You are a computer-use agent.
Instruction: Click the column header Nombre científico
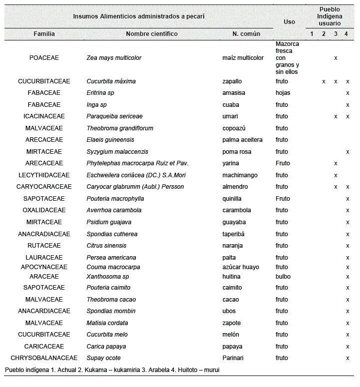click(x=151, y=34)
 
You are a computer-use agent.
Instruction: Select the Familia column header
click(x=44, y=34)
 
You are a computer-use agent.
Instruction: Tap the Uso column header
click(x=289, y=21)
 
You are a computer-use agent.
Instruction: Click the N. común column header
click(x=246, y=34)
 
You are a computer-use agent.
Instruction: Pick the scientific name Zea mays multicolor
click(x=114, y=58)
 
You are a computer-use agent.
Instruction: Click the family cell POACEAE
click(x=44, y=58)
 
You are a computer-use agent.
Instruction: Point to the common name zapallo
click(x=233, y=81)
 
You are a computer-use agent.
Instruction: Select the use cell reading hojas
click(x=283, y=93)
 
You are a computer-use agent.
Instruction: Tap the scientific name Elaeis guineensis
click(x=109, y=140)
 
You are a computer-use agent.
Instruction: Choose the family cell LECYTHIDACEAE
click(x=44, y=175)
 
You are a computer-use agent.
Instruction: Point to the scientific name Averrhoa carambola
click(x=114, y=210)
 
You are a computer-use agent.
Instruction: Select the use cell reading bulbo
click(x=283, y=277)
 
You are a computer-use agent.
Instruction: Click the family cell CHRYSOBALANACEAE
click(x=44, y=358)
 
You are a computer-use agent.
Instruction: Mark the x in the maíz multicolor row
click(x=336, y=58)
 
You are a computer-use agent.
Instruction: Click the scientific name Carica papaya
click(x=106, y=347)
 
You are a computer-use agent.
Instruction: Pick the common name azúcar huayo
click(x=241, y=267)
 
